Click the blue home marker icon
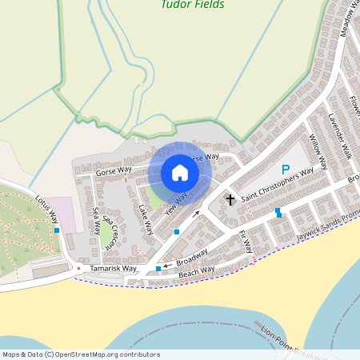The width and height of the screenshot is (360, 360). click(180, 173)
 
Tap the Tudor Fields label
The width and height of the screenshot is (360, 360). click(192, 5)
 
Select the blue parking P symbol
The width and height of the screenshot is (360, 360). click(285, 170)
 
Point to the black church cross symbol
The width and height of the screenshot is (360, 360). click(231, 198)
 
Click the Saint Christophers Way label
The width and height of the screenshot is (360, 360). click(277, 186)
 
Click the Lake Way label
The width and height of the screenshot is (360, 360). click(145, 215)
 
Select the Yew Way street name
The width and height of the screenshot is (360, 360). click(175, 203)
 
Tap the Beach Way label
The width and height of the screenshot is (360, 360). click(196, 272)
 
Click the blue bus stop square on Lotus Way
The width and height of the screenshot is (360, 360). click(57, 230)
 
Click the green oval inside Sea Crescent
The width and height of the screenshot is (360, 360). click(106, 234)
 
